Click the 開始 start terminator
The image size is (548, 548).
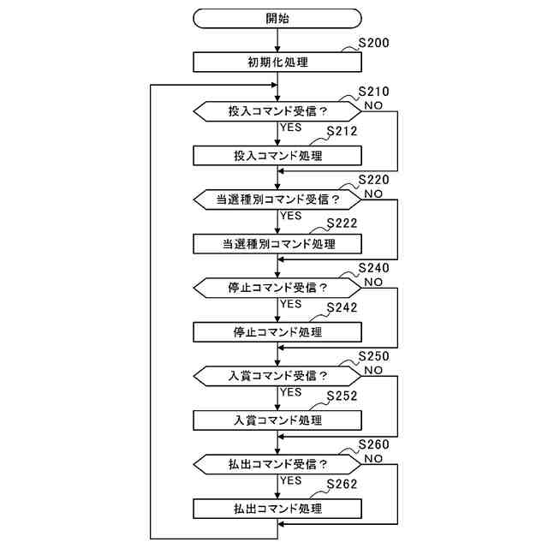click(x=278, y=17)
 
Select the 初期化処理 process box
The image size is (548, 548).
click(x=278, y=63)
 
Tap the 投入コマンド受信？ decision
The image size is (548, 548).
click(x=278, y=111)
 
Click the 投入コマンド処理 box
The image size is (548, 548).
click(x=278, y=156)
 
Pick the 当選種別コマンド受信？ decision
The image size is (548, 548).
click(x=278, y=200)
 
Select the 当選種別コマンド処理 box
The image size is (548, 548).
click(x=278, y=244)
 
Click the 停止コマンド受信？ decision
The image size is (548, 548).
click(x=278, y=288)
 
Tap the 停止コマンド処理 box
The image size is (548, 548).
click(x=278, y=332)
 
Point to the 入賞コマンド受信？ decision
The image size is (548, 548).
click(x=278, y=376)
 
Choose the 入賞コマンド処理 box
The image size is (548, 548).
click(x=278, y=420)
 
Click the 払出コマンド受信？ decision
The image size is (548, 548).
click(x=278, y=464)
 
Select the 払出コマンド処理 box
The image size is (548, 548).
click(x=278, y=509)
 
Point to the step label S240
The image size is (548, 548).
click(x=373, y=268)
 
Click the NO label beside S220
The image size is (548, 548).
click(x=373, y=194)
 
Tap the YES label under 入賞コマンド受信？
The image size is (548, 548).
click(x=291, y=392)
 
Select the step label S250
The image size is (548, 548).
click(x=373, y=356)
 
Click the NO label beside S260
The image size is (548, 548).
click(x=373, y=459)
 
